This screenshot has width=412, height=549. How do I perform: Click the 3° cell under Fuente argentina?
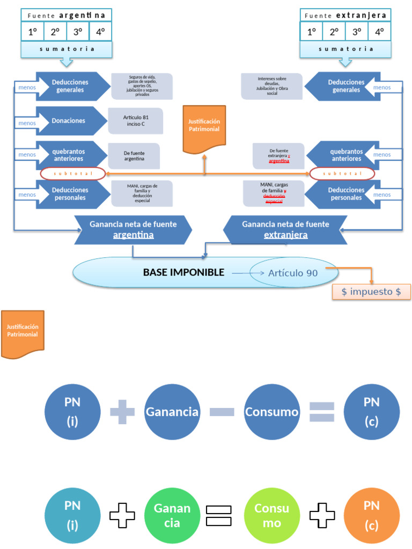78,32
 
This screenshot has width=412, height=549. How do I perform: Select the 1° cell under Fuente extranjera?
311,32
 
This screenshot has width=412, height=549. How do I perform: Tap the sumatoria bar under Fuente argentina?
67,49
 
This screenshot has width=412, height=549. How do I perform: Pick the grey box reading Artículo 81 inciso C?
135,121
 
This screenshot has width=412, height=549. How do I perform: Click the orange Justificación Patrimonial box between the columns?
204,129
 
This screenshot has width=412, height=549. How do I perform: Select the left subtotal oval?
72,174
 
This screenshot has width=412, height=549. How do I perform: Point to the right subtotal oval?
342,174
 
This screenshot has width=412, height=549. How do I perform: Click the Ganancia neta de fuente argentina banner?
133,229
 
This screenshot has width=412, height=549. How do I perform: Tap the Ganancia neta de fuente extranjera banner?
285,229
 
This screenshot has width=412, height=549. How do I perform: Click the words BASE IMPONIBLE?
183,272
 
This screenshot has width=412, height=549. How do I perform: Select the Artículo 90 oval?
293,273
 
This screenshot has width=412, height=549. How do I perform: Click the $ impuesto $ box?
371,292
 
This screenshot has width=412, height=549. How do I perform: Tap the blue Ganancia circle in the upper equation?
172,412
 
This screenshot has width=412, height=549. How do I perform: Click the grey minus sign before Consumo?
222,412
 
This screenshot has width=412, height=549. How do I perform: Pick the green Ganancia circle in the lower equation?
172,515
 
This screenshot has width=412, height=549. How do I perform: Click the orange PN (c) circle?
371,515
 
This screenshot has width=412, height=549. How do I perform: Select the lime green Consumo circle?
271,515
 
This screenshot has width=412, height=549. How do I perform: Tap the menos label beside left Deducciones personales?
27,195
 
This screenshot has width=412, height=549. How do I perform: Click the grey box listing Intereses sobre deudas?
272,86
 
